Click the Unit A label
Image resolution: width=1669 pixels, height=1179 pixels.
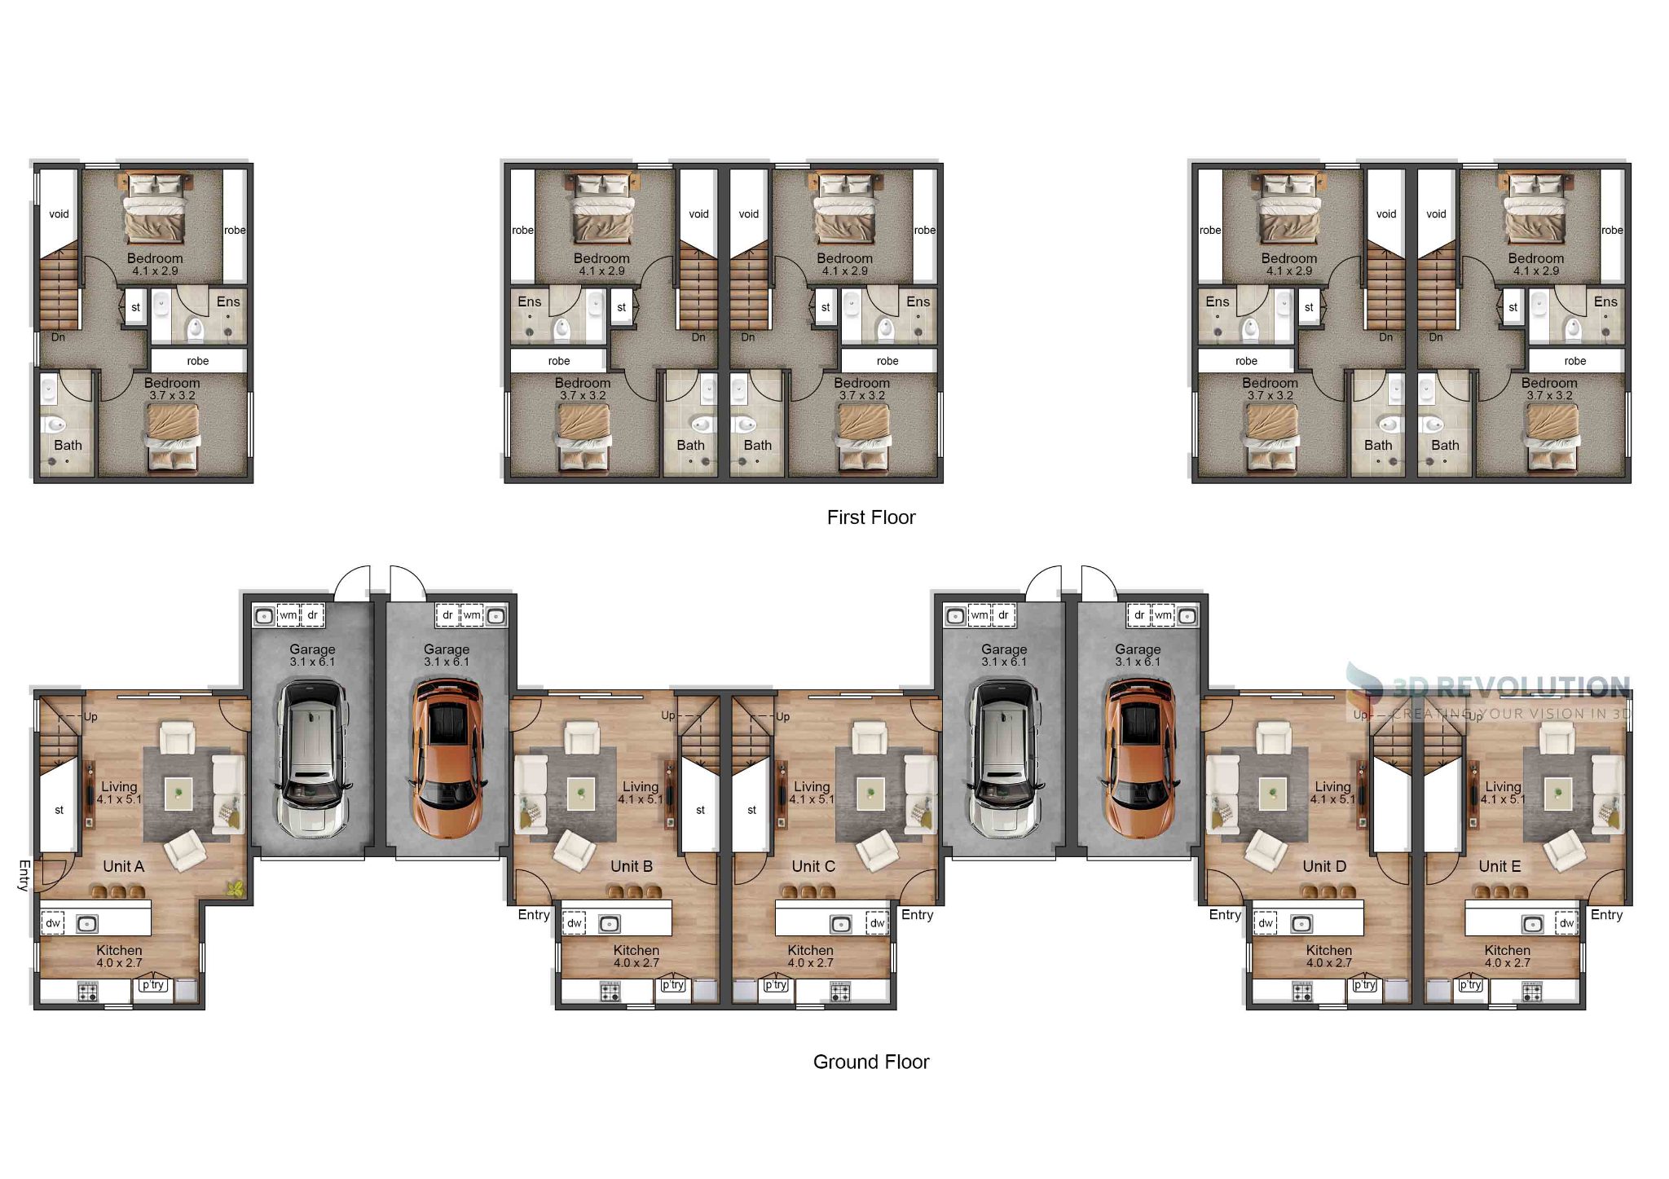tap(124, 866)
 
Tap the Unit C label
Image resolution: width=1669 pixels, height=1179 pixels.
tap(813, 866)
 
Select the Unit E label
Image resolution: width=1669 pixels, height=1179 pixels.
tap(1499, 866)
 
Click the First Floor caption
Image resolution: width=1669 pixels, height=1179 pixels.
tap(871, 517)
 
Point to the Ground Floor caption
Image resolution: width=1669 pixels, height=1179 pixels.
tap(871, 1062)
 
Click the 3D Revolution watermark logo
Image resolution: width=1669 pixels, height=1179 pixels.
tap(1487, 693)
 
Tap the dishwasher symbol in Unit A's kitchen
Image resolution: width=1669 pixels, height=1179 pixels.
tap(53, 923)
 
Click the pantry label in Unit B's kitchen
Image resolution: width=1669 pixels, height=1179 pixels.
tap(673, 985)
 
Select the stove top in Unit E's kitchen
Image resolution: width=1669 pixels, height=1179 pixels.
tap(1532, 992)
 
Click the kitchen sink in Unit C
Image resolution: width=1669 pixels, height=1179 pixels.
tap(840, 924)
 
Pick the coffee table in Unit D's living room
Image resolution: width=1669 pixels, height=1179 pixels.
tap(1272, 793)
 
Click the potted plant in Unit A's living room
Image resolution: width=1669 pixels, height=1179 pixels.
tap(236, 889)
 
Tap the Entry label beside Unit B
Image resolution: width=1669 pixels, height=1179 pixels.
tap(534, 915)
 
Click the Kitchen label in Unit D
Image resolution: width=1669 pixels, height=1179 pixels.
tap(1328, 950)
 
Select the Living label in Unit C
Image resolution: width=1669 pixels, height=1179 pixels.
tap(812, 786)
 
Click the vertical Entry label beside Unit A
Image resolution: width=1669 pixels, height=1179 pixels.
tap(24, 875)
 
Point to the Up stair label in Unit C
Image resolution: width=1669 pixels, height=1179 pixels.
tap(782, 717)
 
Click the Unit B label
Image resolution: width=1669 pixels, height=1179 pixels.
tap(632, 866)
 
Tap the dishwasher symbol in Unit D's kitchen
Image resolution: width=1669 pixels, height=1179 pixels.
tap(1266, 923)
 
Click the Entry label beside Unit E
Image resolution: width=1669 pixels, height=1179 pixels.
tap(1606, 915)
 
